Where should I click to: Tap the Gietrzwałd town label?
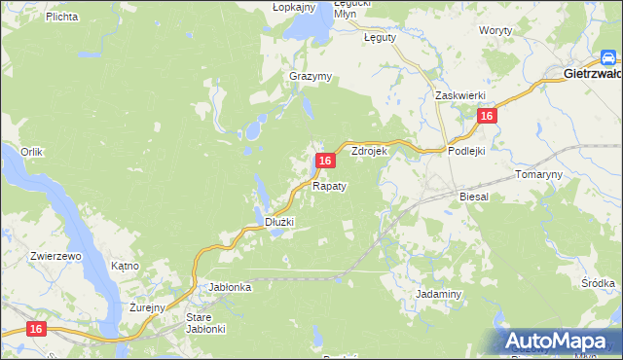pos(593,73)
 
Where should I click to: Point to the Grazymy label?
pos(311,76)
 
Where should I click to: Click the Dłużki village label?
pos(279,222)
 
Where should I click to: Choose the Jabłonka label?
pos(231,287)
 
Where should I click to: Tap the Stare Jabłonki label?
pos(205,323)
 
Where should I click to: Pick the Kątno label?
pos(126,265)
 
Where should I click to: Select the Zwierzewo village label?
pos(55,255)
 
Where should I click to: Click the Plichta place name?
pos(34,17)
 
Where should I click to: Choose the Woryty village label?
pos(496,31)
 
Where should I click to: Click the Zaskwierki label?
pos(459,95)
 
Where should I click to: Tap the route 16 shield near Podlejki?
pos(487,116)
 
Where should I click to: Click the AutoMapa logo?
pos(559,341)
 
